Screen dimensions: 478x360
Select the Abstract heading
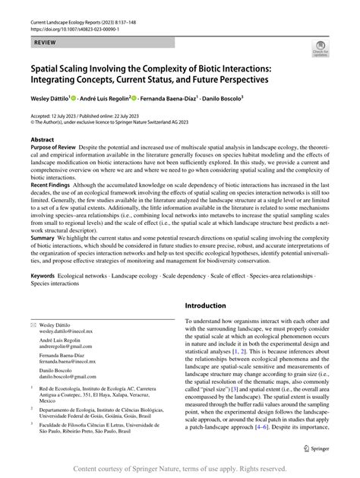43,141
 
